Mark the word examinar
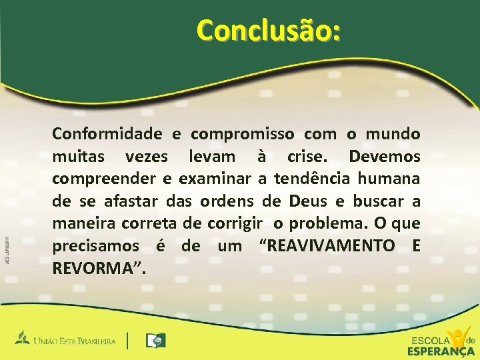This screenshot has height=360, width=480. coord(214,179)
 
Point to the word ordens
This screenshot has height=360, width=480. coord(241,201)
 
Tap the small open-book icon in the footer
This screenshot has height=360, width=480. coord(156,341)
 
